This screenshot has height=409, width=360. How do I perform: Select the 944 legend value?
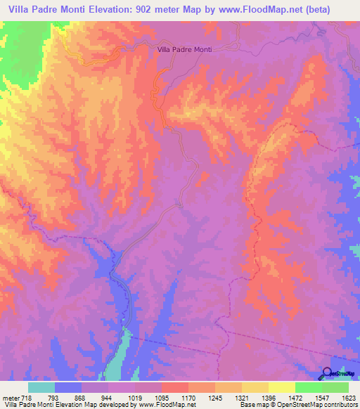click(x=107, y=397)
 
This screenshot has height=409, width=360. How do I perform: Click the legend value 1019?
click(x=134, y=397)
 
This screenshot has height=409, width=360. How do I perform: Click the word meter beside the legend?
click(x=10, y=397)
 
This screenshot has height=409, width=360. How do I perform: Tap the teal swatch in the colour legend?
click(x=41, y=387)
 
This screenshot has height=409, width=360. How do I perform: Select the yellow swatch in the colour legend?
click(x=281, y=387)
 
